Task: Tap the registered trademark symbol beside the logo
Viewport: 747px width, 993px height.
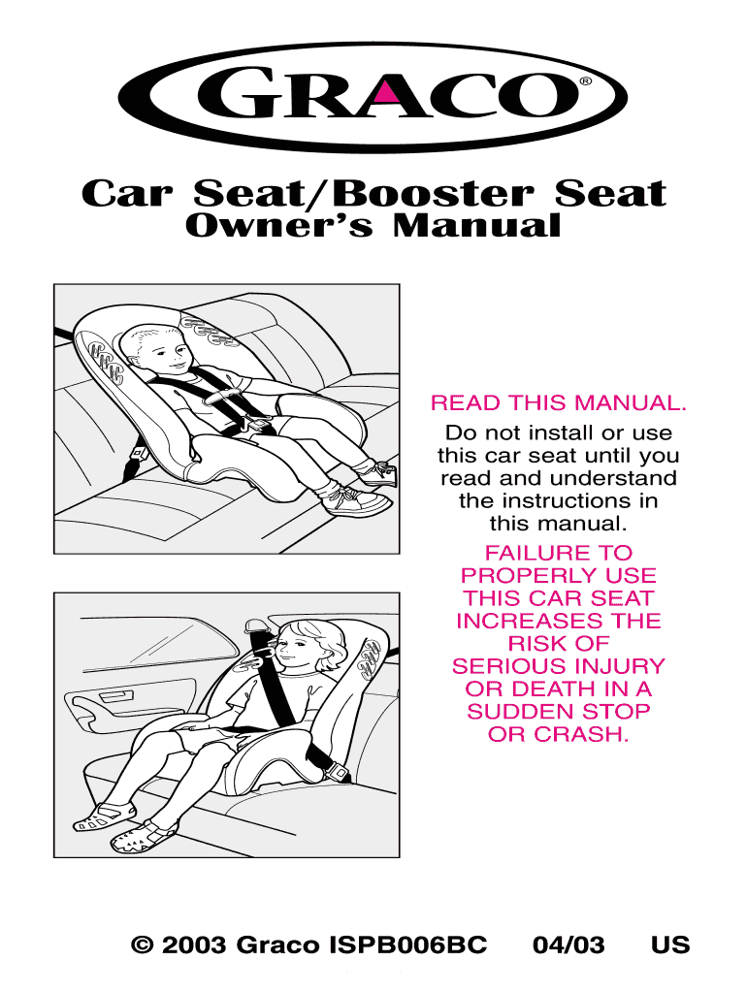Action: click(586, 81)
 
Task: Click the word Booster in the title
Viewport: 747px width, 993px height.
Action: click(432, 193)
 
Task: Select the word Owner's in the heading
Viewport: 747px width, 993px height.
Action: click(279, 225)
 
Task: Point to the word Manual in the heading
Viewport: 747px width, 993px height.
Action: click(476, 225)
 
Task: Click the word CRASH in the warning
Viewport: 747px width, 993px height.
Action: click(581, 734)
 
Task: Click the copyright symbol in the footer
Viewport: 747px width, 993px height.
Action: click(143, 945)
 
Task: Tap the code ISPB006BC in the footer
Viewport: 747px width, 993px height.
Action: click(408, 945)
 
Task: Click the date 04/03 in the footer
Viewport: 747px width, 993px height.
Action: click(568, 945)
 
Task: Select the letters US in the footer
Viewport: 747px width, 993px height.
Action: click(670, 945)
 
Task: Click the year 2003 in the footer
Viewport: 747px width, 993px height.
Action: click(195, 945)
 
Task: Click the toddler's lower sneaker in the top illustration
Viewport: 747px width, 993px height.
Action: click(357, 501)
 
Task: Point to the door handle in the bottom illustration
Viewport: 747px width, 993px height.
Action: click(117, 696)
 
